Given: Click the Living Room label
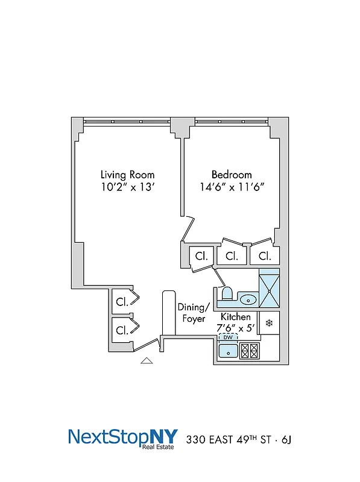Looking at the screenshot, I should coord(127,175).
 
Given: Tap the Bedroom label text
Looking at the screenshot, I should coord(232,175).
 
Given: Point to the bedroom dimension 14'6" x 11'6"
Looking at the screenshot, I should coord(232,187).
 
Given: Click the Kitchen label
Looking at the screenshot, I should coord(236,317).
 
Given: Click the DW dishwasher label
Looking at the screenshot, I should coord(228,337).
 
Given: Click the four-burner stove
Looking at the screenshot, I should coord(249,351).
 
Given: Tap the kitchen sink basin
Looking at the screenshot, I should coord(228,352).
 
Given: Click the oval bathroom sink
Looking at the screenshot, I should coord(248,298).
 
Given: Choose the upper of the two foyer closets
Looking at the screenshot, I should coord(122,301).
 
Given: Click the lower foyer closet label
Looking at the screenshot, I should coord(122,330).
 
